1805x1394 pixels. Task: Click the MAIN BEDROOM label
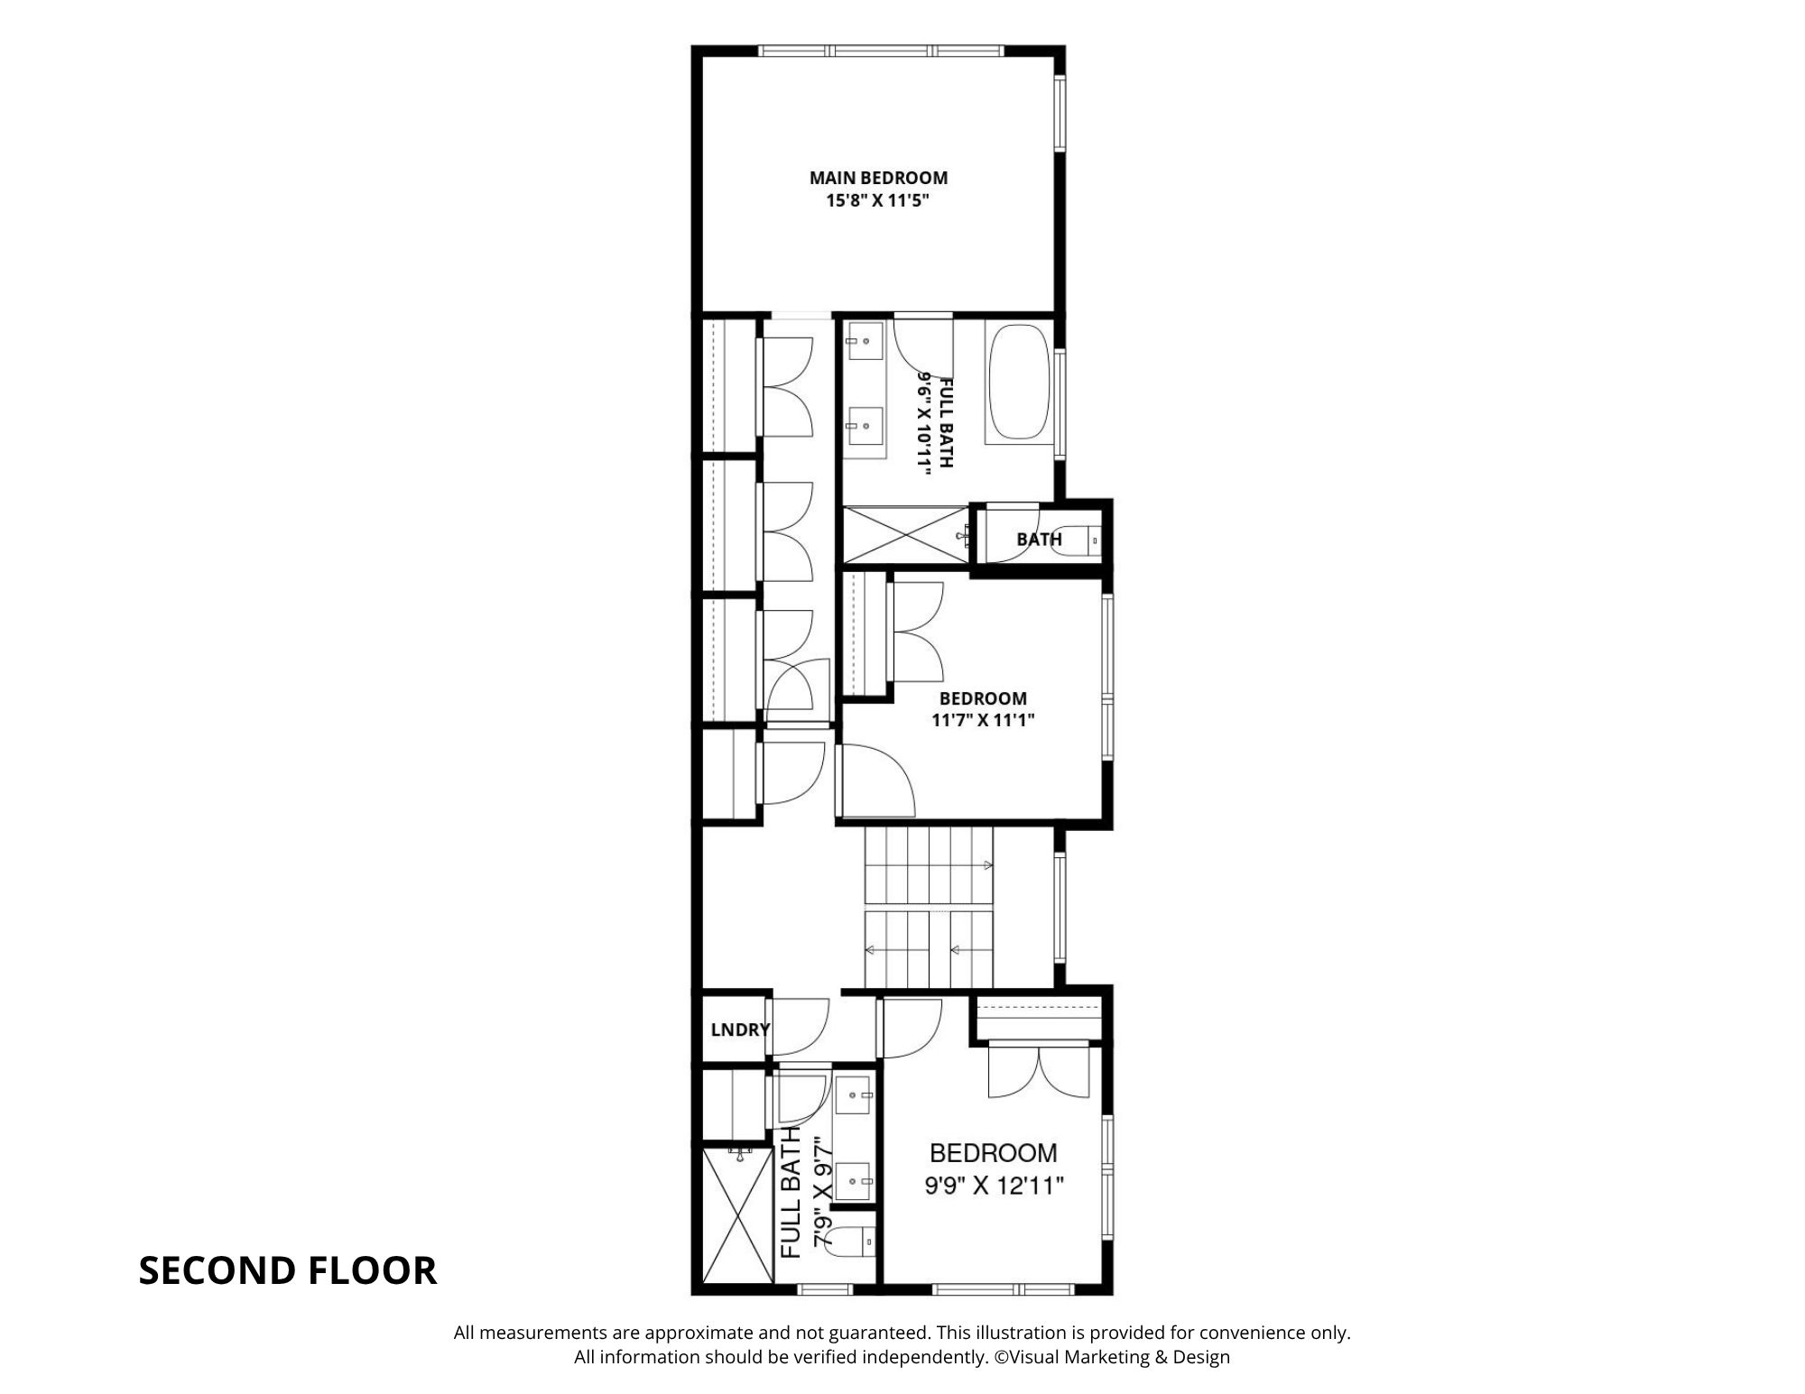coord(878,178)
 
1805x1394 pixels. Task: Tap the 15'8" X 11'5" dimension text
coord(878,200)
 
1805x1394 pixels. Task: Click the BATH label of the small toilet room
coord(1039,540)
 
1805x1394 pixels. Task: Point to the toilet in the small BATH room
coord(1078,540)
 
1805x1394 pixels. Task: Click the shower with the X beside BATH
coord(905,535)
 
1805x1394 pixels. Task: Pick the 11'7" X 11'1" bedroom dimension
coord(983,720)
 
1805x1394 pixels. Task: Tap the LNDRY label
coord(740,1029)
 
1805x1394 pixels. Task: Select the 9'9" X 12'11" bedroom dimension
coord(994,1186)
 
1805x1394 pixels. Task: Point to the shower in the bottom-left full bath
coord(737,1214)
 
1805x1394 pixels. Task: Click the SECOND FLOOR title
coord(288,1270)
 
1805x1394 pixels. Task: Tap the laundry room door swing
coord(799,1027)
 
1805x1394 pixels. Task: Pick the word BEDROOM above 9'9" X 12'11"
coord(994,1152)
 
